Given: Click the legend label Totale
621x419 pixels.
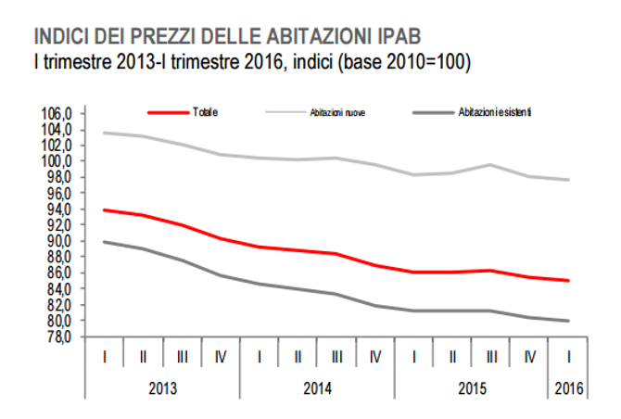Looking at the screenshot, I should (x=205, y=112).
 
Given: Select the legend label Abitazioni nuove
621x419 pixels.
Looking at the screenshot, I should (x=336, y=112).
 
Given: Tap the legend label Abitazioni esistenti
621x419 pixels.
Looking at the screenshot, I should (x=493, y=112).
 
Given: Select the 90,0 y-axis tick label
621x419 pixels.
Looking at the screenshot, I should (x=60, y=241).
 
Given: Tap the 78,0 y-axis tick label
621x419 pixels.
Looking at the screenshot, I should (x=60, y=336).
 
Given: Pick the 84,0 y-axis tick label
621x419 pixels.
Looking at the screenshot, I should (x=60, y=289).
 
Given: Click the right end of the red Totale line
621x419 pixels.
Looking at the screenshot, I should (x=568, y=280).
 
